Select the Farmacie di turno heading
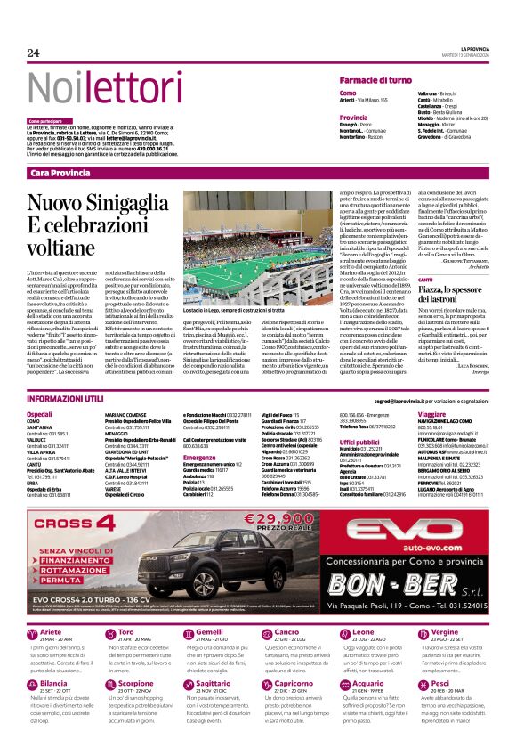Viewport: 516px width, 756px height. coord(375,80)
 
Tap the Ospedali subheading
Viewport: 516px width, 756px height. coord(40,415)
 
